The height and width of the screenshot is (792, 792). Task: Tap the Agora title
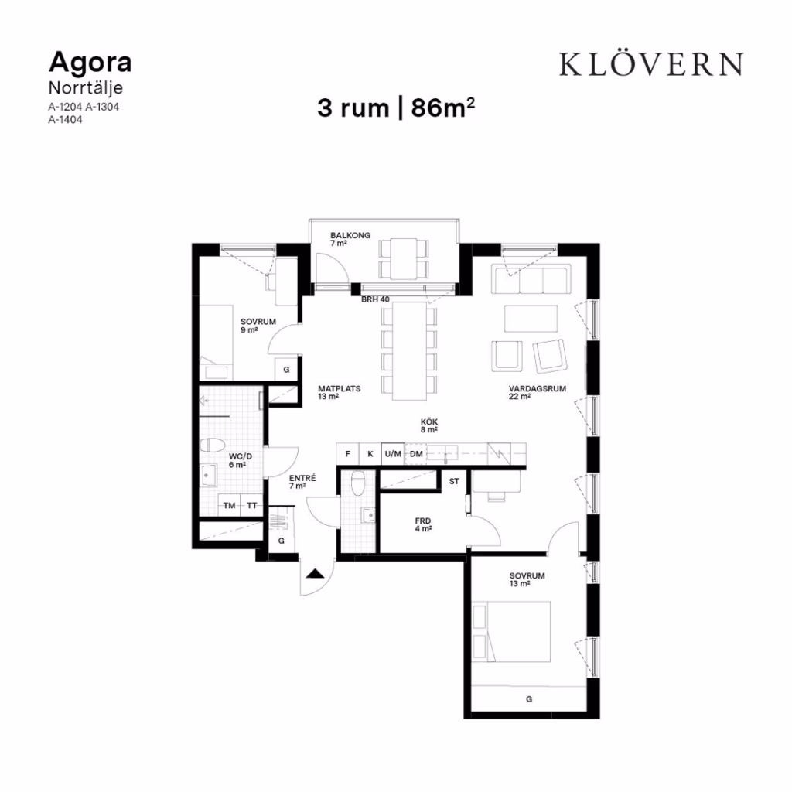(90, 63)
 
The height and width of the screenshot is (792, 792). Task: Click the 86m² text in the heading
(443, 108)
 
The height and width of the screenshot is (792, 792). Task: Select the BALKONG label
(350, 235)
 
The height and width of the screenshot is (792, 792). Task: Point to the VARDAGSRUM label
(537, 388)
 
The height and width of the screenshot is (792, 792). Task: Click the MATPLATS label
(339, 388)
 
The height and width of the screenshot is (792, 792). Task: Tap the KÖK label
(428, 422)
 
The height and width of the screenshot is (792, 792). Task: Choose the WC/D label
(240, 456)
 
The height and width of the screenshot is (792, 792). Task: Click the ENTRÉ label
(302, 478)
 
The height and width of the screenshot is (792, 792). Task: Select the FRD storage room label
(423, 521)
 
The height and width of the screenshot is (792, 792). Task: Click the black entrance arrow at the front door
(315, 573)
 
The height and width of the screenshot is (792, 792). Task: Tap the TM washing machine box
(229, 505)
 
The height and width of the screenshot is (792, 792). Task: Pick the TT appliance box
(252, 505)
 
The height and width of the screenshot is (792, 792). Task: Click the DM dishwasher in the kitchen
(415, 453)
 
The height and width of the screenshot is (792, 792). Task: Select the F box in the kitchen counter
(347, 453)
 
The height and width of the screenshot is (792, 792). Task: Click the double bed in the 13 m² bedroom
(510, 631)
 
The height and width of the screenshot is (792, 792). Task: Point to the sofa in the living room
(531, 278)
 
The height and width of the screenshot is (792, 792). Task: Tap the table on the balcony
(404, 258)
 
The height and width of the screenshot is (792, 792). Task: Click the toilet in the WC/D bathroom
(212, 446)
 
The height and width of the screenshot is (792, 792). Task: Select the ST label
(454, 481)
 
